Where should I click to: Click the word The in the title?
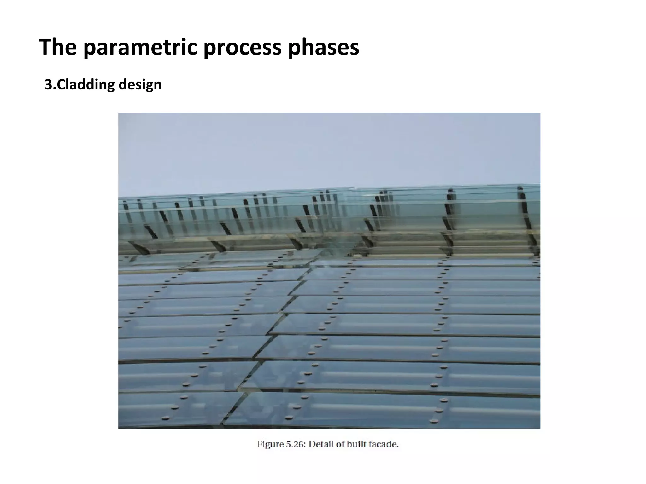pos(58,47)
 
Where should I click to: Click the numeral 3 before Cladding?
pos(48,84)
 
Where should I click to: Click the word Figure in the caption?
pos(270,444)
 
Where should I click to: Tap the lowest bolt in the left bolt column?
pos(165,418)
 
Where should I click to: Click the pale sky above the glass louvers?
pos(328,148)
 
